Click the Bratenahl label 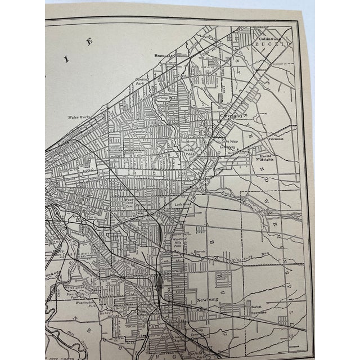[x=167, y=56]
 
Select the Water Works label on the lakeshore [x=80, y=117]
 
